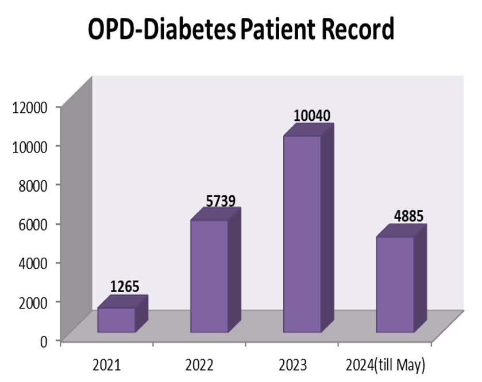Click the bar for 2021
(117, 320)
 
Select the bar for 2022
(209, 276)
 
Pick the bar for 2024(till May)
(395, 284)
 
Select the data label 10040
(311, 116)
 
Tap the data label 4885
(409, 216)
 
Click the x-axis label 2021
(107, 365)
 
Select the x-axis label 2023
(292, 365)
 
